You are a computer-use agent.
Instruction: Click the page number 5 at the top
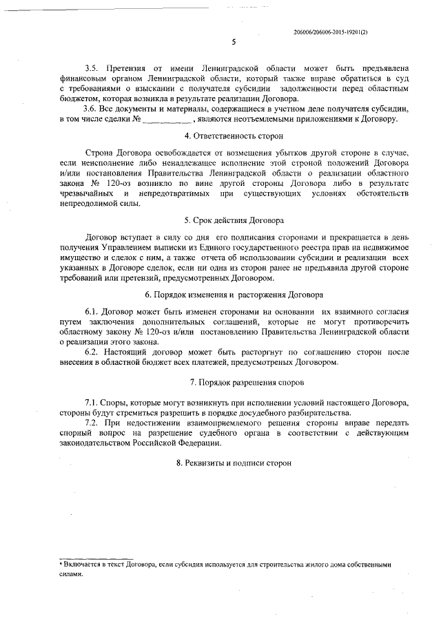pos(234,42)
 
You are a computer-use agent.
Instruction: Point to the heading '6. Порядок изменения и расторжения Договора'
pos(234,294)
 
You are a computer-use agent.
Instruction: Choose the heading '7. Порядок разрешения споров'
pos(234,381)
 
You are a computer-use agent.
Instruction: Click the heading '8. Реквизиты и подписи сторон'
pos(234,463)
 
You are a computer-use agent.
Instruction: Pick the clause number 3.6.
pos(90,109)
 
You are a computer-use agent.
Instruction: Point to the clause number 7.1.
pos(90,401)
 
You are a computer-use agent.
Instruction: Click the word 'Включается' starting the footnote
pos(82,564)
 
